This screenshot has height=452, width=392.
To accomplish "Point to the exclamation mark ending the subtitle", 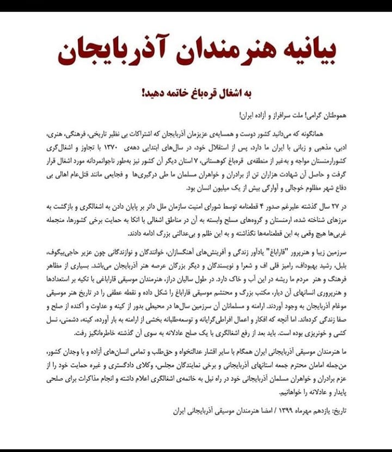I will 143,93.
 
